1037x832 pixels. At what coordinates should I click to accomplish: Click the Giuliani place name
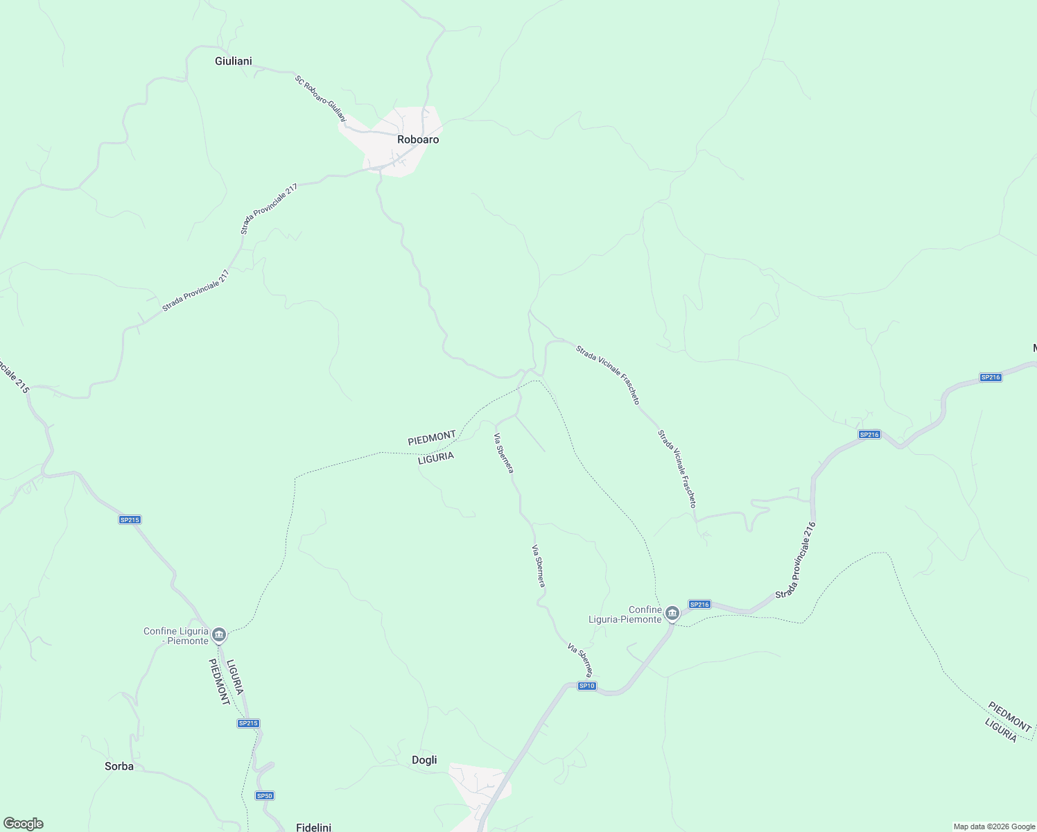point(233,61)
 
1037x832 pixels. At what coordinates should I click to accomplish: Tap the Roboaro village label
point(418,139)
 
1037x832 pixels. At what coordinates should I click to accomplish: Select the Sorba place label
point(119,766)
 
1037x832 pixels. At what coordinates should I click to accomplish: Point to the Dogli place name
point(424,760)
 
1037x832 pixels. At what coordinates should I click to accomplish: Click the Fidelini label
point(313,827)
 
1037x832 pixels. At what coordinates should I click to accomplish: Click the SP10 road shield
point(586,686)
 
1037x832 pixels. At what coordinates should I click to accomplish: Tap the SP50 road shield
point(265,795)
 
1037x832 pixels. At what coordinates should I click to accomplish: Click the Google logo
point(23,824)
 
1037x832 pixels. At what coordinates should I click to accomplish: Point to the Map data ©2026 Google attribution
point(994,826)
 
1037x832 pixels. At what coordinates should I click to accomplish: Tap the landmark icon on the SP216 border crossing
point(672,613)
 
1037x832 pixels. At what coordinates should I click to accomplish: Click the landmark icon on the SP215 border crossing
point(219,634)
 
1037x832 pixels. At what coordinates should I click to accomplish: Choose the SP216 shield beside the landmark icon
point(699,605)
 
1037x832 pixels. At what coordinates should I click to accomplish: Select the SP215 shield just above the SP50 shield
point(248,723)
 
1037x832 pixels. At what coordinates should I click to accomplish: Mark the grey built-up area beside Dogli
point(480,787)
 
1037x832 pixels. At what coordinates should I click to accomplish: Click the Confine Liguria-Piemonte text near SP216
point(625,614)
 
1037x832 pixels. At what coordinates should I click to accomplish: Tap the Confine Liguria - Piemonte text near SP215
point(176,636)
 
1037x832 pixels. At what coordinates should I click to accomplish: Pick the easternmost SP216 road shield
point(991,377)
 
